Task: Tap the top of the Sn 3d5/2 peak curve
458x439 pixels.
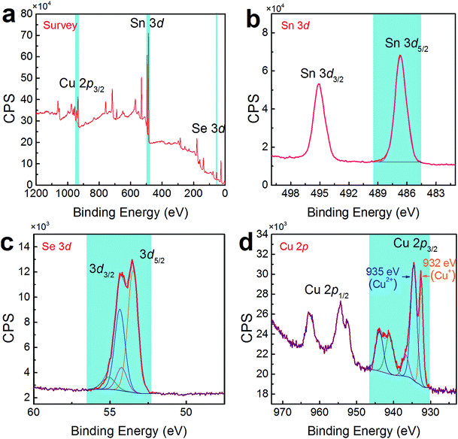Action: pyautogui.click(x=400, y=56)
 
